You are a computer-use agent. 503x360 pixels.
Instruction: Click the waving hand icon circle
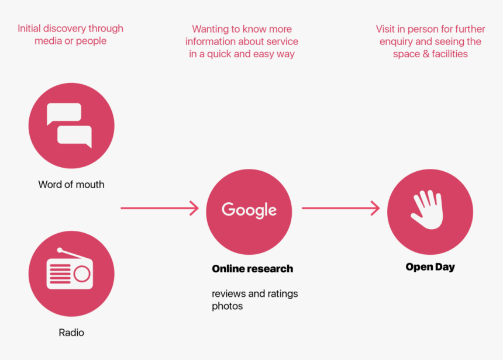430,212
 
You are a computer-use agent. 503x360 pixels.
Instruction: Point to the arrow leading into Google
160,208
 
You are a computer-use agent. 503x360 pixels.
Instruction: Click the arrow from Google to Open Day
340,208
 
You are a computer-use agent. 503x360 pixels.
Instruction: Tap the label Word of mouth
71,185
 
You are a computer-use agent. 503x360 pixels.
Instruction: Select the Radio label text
71,333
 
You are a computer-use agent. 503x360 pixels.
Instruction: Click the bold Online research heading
252,269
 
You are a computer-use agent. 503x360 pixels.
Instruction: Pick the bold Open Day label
430,267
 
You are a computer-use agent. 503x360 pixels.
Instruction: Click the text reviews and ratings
254,293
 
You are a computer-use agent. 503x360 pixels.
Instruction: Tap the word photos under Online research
227,306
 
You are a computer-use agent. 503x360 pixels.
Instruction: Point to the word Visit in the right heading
386,29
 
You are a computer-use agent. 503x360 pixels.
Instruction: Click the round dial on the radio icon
82,274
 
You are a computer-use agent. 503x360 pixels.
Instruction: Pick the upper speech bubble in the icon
64,112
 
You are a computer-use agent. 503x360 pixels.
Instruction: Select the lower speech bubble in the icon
75,136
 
